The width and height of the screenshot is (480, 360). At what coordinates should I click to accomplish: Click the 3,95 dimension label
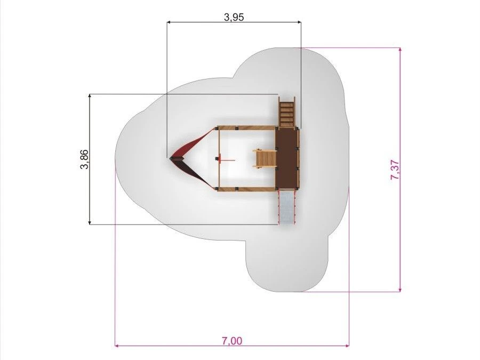pos(234,17)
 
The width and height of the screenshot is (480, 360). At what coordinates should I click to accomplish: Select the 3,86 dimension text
pos(84,159)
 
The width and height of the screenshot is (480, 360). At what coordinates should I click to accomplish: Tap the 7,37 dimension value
pos(395,170)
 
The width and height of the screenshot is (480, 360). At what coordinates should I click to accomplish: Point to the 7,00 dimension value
pos(232,340)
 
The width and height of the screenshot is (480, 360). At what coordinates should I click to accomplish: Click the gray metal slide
pos(287,207)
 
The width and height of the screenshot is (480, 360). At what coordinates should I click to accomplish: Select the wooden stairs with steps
pos(287,112)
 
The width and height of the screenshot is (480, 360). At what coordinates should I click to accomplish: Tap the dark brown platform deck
pos(287,158)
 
